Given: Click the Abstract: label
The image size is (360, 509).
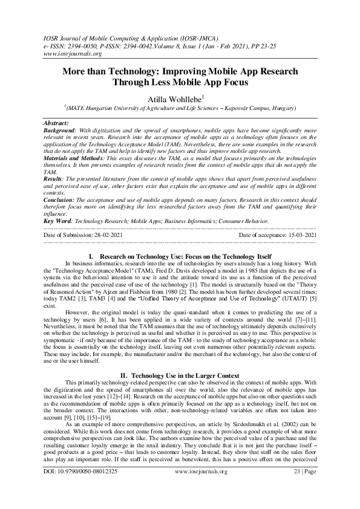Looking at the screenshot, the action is click(x=57, y=122).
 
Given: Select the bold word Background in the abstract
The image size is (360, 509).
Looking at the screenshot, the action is click(x=61, y=129).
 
